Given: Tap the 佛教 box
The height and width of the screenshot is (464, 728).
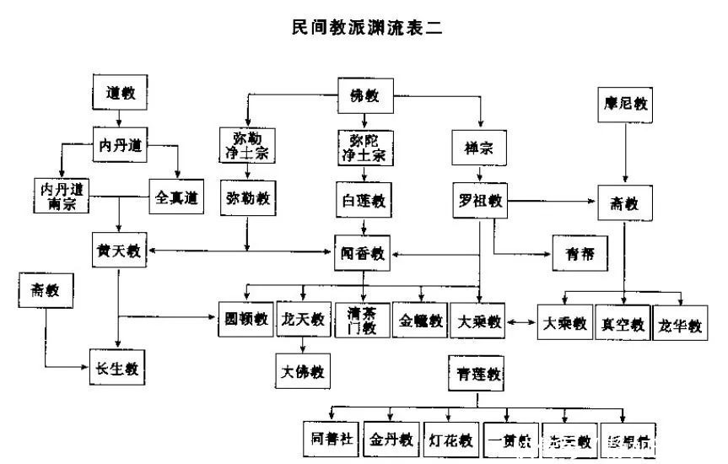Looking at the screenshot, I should pyautogui.click(x=364, y=94).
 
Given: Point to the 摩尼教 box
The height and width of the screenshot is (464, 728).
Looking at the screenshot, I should pyautogui.click(x=623, y=105).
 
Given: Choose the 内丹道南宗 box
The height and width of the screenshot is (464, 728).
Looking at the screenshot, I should pyautogui.click(x=59, y=195).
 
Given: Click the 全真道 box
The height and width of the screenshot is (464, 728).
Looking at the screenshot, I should pyautogui.click(x=176, y=197).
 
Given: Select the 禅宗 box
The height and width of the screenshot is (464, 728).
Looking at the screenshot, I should pyautogui.click(x=478, y=148).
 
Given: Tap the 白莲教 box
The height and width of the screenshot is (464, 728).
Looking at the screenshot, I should pyautogui.click(x=364, y=200).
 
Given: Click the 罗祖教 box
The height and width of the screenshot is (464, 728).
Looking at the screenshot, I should pyautogui.click(x=480, y=201).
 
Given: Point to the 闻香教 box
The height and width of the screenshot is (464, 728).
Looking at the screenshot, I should pyautogui.click(x=364, y=251).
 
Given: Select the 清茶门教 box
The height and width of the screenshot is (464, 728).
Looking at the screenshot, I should pyautogui.click(x=363, y=321).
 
